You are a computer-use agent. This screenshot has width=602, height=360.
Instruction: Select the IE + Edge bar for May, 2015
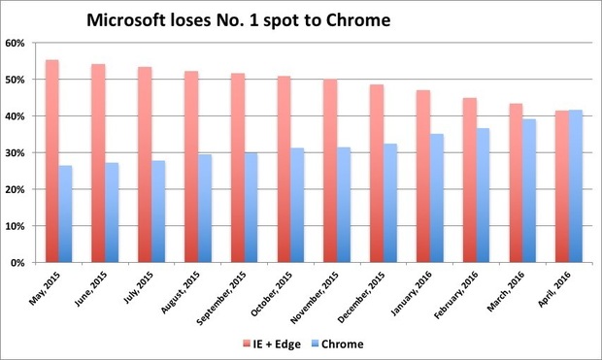coord(52,161)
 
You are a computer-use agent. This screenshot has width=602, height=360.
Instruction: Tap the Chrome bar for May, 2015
coord(65,213)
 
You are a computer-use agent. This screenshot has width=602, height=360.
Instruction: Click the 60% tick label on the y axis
coord(17,43)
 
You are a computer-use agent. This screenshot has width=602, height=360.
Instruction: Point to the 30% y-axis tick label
coord(17,152)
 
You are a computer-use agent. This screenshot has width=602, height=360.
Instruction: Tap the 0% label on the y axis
coord(20,262)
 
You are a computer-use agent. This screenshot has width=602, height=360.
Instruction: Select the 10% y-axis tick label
coord(17,226)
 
